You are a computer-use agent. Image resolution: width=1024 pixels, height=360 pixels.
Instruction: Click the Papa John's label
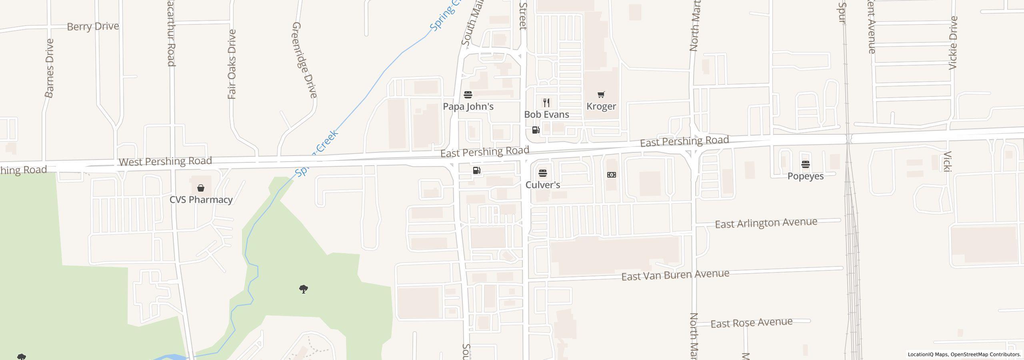pyautogui.click(x=468, y=106)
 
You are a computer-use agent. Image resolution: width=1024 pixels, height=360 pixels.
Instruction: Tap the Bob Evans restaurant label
pyautogui.click(x=546, y=114)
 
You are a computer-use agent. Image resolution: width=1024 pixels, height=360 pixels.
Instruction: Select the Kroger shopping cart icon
pyautogui.click(x=601, y=95)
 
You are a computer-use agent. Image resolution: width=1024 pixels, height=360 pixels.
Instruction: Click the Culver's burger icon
pyautogui.click(x=542, y=173)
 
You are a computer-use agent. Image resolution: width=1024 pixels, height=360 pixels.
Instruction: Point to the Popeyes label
pyautogui.click(x=805, y=176)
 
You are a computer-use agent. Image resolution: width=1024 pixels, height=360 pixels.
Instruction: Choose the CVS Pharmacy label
pyautogui.click(x=201, y=200)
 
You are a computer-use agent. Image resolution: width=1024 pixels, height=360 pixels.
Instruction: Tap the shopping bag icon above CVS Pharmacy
pyautogui.click(x=201, y=188)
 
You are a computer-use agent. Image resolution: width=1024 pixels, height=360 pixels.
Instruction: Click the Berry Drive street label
pyautogui.click(x=93, y=26)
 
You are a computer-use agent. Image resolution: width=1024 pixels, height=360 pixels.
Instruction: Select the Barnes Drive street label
pyautogui.click(x=49, y=68)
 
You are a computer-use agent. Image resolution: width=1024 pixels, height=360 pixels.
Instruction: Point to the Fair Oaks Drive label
pyautogui.click(x=232, y=64)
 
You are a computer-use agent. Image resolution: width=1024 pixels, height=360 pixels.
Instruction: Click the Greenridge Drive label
pyautogui.click(x=305, y=60)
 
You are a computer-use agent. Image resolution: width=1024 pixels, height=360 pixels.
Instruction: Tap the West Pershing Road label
pyautogui.click(x=165, y=161)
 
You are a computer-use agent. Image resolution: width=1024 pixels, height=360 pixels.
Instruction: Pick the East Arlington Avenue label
pyautogui.click(x=766, y=223)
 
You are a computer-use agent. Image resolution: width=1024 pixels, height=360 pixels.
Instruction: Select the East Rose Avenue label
pyautogui.click(x=751, y=323)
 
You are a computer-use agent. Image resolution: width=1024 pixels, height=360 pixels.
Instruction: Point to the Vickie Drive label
pyautogui.click(x=953, y=43)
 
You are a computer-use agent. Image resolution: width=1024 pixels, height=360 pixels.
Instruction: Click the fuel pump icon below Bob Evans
pyautogui.click(x=536, y=130)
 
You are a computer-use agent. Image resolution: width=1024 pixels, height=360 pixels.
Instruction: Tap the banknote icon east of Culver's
pyautogui.click(x=611, y=175)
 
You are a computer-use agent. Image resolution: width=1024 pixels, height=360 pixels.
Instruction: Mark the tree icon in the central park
pyautogui.click(x=304, y=289)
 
